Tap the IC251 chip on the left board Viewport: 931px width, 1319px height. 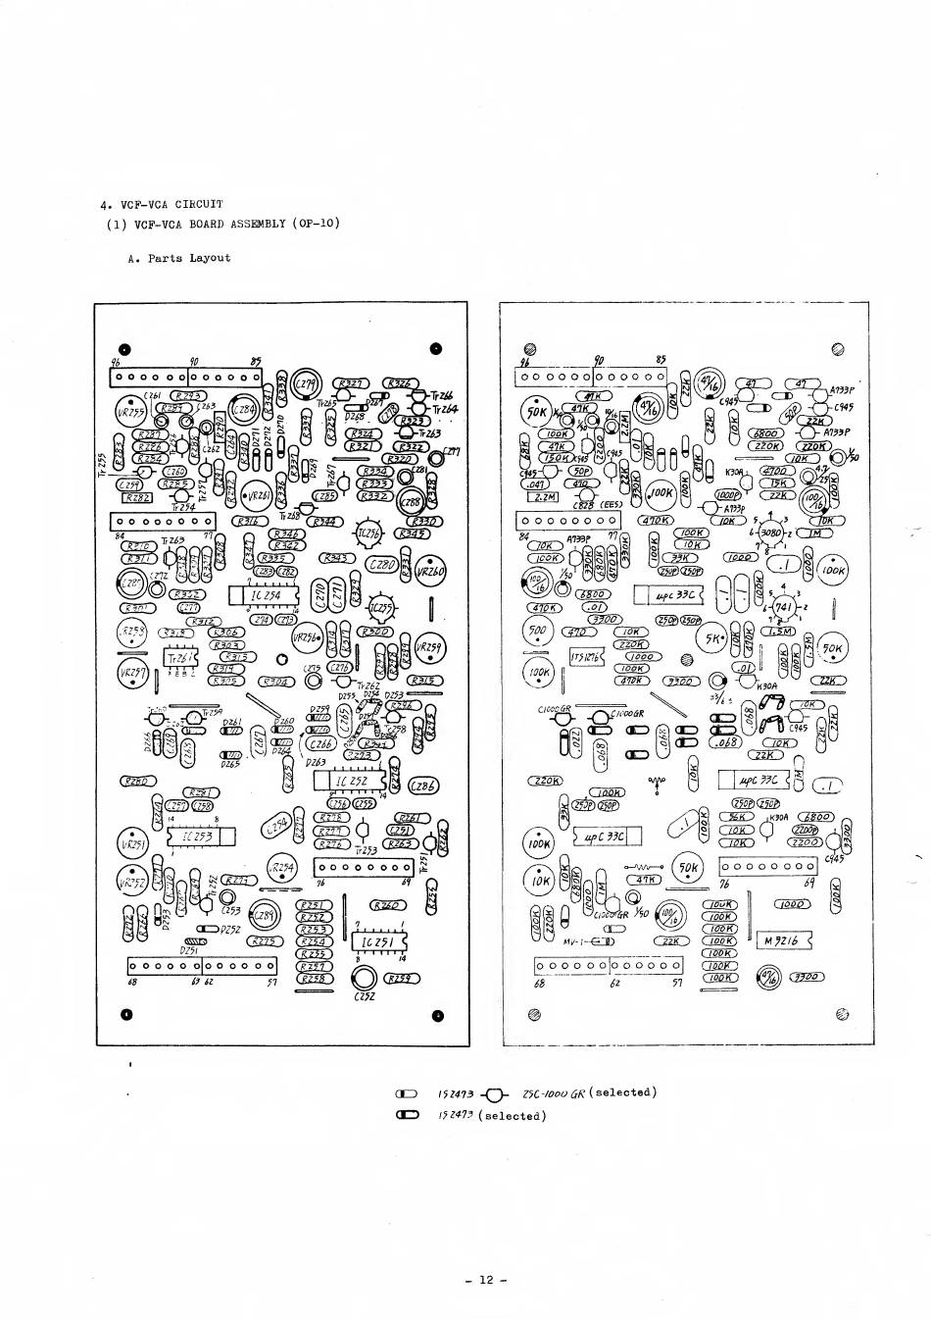[376, 942]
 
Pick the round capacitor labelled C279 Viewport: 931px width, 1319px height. [306, 382]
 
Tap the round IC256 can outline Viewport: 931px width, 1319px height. [367, 533]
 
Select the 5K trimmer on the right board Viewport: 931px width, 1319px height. [717, 638]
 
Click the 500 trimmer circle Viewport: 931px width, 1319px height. [538, 632]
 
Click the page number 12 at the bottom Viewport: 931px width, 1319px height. [486, 1280]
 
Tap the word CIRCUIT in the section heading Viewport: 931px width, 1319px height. [199, 204]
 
